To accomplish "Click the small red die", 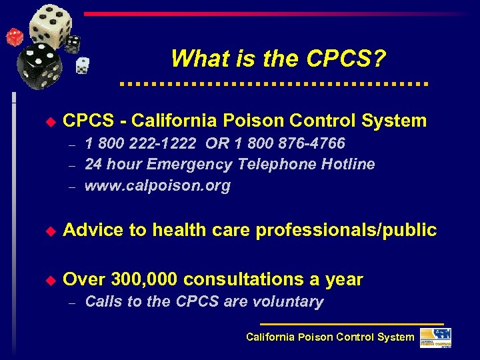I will (14, 37).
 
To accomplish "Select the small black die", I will (73, 43).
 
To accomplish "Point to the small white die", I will (82, 65).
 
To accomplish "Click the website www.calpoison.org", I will (157, 186).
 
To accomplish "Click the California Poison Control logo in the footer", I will (435, 337).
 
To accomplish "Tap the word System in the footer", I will (395, 337).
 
